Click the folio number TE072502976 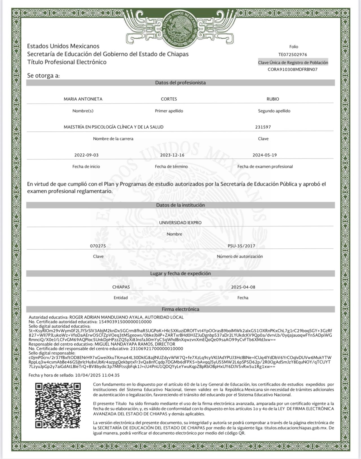tap(292, 55)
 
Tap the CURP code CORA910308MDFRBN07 tap(292, 69)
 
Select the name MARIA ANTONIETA tap(83, 99)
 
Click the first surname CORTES tap(169, 99)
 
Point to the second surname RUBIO tap(273, 99)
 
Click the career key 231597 tap(263, 127)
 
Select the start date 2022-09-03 tap(86, 155)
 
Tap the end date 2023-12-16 tap(172, 155)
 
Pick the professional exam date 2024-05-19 tap(265, 155)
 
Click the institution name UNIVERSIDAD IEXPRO tap(180, 222)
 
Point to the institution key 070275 tap(98, 246)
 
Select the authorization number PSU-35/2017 tap(241, 246)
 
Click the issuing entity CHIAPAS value tap(121, 287)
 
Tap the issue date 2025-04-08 tap(243, 287)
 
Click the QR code tap(58, 405)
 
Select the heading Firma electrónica tap(180, 309)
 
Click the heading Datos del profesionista tap(180, 83)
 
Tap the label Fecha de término tap(171, 167)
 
